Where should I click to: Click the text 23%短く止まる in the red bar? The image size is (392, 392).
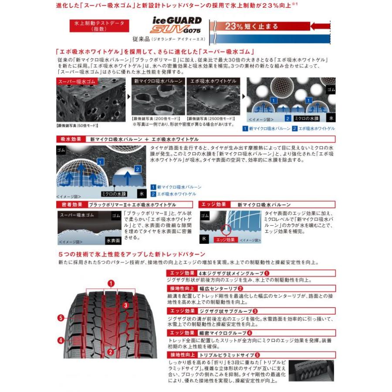pos(251,26)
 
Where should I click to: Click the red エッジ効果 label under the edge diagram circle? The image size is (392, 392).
pos(226,240)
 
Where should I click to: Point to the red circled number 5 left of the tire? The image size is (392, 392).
pos(61,318)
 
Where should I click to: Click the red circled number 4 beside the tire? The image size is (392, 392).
pos(61,340)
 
